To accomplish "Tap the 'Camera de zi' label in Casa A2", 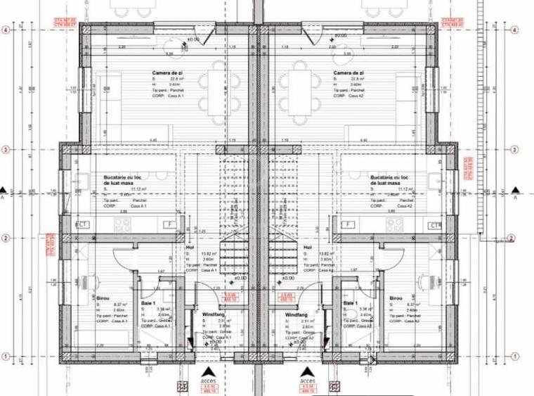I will tap(349, 72).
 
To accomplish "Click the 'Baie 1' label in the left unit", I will tap(148, 302).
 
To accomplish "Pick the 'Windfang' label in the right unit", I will tap(297, 314).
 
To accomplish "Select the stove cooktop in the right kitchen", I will tap(394, 225).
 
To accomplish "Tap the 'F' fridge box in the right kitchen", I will tap(346, 225).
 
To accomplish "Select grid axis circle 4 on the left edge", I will tap(5, 30).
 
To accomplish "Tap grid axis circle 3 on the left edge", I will tap(5, 149).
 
